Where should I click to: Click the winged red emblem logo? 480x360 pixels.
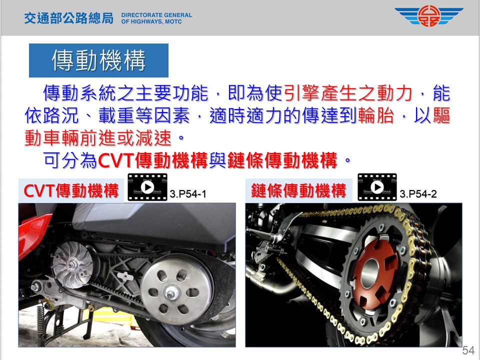429,16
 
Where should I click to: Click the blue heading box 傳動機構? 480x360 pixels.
98,60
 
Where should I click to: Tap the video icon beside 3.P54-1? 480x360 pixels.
147,187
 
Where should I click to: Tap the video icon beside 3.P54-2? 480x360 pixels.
377,187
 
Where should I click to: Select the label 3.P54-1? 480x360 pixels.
188,194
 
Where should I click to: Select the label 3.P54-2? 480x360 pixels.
418,194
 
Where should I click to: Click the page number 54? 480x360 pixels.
468,350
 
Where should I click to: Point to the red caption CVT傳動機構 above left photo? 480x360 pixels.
71,190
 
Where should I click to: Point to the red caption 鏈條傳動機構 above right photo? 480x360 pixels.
298,190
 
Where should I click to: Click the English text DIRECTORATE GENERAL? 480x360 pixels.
156,15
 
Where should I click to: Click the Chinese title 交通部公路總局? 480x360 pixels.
69,18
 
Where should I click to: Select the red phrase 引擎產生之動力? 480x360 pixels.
348,93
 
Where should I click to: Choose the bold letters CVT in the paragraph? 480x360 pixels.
116,160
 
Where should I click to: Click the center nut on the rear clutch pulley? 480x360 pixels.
170,293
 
